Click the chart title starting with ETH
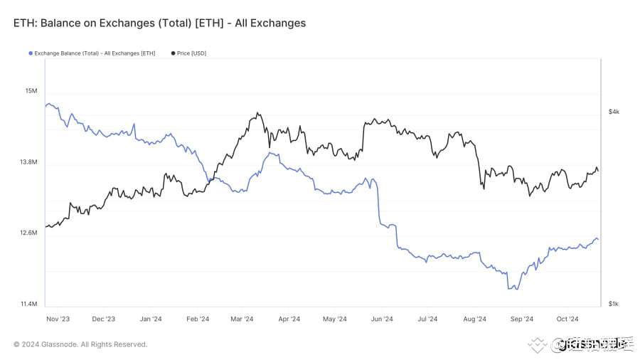(159, 23)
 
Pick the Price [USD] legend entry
(191, 53)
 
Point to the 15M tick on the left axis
(31, 91)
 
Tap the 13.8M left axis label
(28, 162)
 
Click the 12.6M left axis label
(28, 233)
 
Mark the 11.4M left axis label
(28, 304)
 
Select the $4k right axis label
(614, 112)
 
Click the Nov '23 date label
(58, 319)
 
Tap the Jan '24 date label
(151, 319)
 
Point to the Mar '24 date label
(242, 319)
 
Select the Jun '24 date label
(382, 319)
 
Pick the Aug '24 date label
(475, 319)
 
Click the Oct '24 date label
(567, 319)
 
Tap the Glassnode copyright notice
(80, 344)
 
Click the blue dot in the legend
(30, 53)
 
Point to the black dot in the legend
(173, 53)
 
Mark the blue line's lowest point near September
(512, 288)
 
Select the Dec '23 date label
(104, 319)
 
